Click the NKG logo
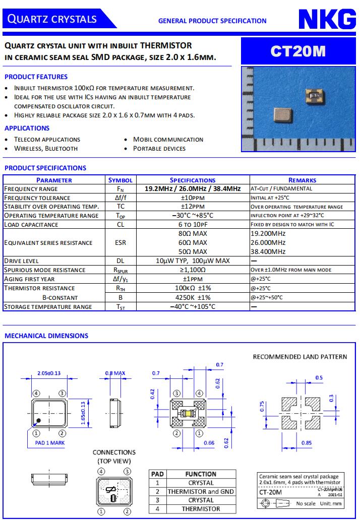pos(327,20)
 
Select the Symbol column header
pos(121,180)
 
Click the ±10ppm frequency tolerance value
pos(193,198)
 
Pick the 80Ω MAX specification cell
pos(193,234)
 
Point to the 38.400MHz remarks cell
pos(268,251)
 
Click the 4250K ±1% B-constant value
pos(193,297)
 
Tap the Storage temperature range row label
pos(48,306)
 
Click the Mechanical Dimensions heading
pos(46,336)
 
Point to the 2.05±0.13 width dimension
pos(49,373)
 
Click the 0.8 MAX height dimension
pos(114,373)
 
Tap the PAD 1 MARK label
pos(50,443)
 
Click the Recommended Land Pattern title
pos(299,357)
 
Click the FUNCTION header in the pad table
pos(201,474)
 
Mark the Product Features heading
pos(36,77)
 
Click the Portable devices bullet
pos(159,149)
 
